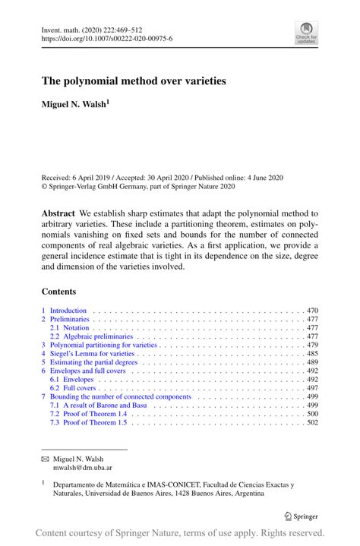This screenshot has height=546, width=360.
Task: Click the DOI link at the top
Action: pyautogui.click(x=106, y=38)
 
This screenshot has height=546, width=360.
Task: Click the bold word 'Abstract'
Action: pyautogui.click(x=58, y=214)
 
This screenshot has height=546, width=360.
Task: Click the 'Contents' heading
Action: pyautogui.click(x=58, y=291)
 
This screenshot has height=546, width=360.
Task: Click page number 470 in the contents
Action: pyautogui.click(x=312, y=311)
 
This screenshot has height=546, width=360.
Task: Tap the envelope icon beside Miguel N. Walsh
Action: pyautogui.click(x=45, y=460)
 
